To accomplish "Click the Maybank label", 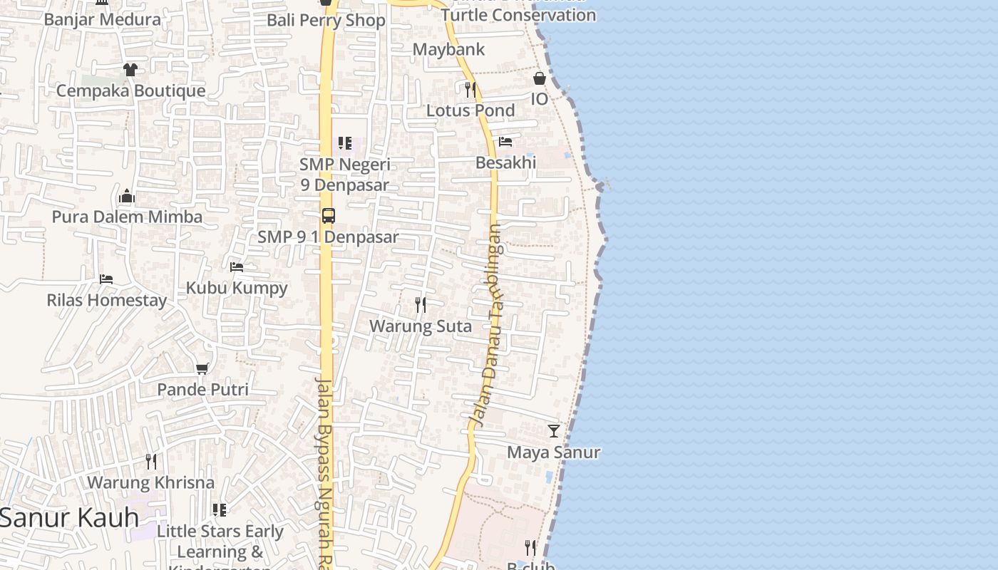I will tap(449, 49).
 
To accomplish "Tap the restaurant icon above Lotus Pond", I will tap(470, 89).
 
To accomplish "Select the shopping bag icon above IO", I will tap(540, 78).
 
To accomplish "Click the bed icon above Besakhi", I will tap(505, 141).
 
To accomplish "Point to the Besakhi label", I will tap(505, 162).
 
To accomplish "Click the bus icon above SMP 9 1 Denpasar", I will tap(329, 215).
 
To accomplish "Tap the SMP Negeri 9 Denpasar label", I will tap(345, 175).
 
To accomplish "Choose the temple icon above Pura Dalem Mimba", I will tap(127, 196).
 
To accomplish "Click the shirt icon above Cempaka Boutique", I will tap(130, 69).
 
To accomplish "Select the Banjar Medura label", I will tap(103, 19).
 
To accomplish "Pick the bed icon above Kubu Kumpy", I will tap(237, 267).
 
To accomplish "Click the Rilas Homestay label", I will tap(107, 300).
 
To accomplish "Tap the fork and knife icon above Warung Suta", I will tap(421, 305).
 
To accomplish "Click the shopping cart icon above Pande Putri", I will tap(202, 368).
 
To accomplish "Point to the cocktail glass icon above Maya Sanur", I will tap(554, 431).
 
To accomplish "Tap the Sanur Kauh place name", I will tap(69, 518).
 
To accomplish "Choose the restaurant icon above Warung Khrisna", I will tap(150, 461).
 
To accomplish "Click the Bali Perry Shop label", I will tap(326, 20).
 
